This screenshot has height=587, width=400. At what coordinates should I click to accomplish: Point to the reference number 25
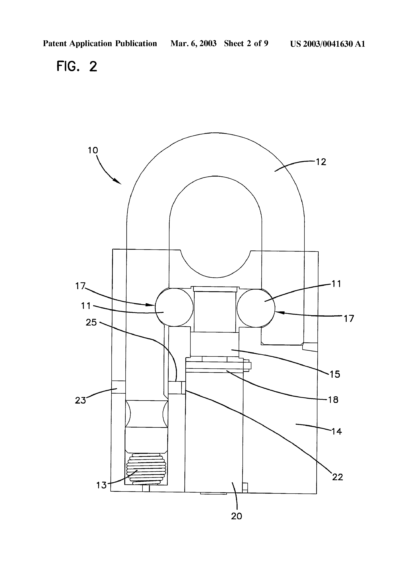(91, 322)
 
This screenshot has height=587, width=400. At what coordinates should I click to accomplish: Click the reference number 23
(80, 400)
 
